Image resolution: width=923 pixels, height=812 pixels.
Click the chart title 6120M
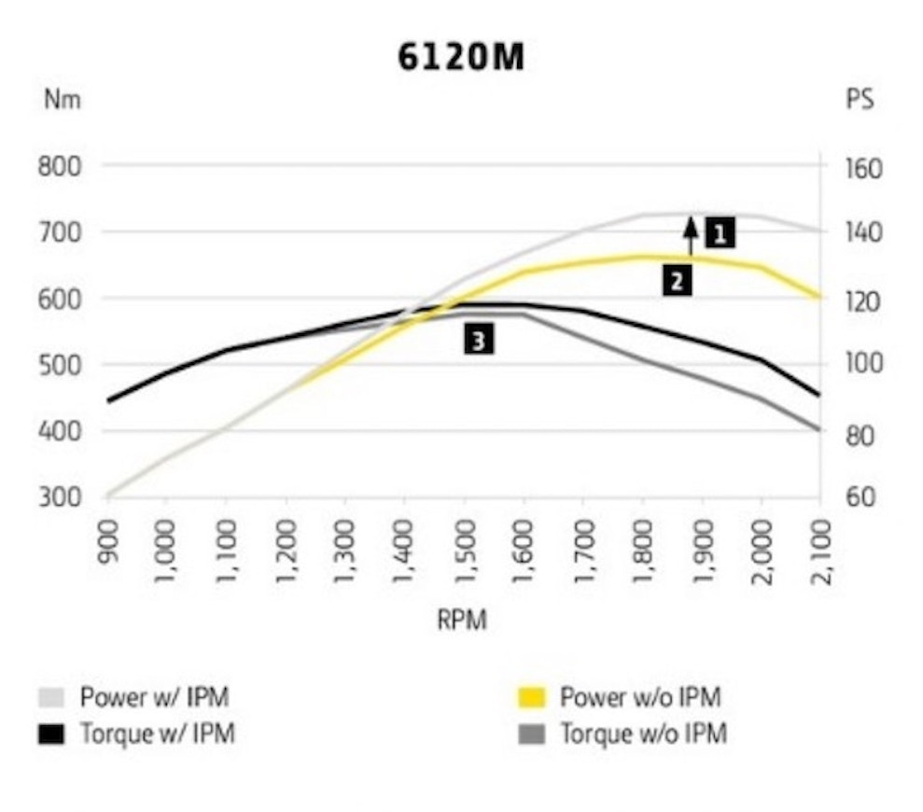click(x=461, y=58)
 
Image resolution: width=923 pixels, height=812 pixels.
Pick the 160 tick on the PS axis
click(x=863, y=169)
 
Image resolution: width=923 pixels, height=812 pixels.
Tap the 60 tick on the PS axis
click(x=860, y=497)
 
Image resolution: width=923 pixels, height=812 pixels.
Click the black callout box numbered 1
click(x=720, y=232)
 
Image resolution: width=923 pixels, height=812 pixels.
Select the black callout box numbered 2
click(x=678, y=279)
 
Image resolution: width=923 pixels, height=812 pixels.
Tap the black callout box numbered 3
click(x=479, y=341)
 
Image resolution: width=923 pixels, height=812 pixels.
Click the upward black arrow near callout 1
click(x=691, y=235)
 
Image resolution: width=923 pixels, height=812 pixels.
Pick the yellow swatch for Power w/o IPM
click(x=531, y=697)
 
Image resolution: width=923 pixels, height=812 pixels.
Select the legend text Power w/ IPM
click(x=154, y=697)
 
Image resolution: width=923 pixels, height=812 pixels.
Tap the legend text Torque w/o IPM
click(x=643, y=735)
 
